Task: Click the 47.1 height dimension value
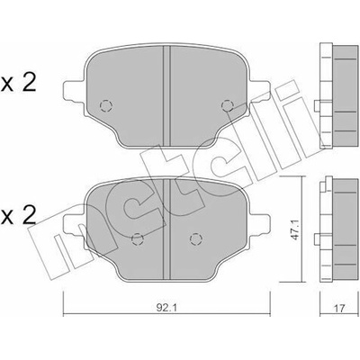[296, 229]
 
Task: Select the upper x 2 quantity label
[19, 83]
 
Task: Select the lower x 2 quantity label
[19, 216]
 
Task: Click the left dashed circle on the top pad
[105, 105]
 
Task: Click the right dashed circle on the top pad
[227, 105]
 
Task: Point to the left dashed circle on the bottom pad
[138, 238]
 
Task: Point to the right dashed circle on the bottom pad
[195, 238]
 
